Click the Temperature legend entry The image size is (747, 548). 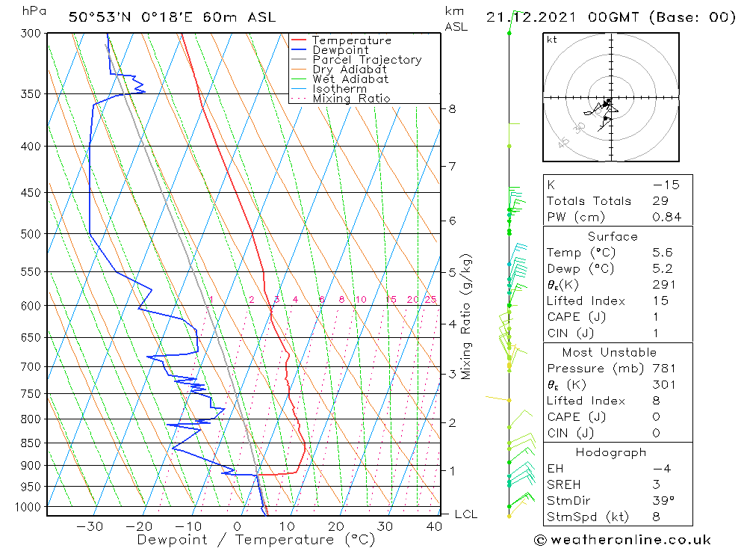tap(351, 40)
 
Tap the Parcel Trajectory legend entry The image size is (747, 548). tap(367, 60)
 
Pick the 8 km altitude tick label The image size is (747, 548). tap(452, 108)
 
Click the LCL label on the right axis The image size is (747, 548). tap(465, 514)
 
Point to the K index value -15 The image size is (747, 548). tap(666, 185)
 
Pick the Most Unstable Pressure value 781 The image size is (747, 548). tap(663, 369)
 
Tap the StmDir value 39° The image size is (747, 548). tap(663, 501)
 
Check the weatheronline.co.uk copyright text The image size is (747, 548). tap(622, 540)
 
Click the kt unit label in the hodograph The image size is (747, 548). tap(552, 40)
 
